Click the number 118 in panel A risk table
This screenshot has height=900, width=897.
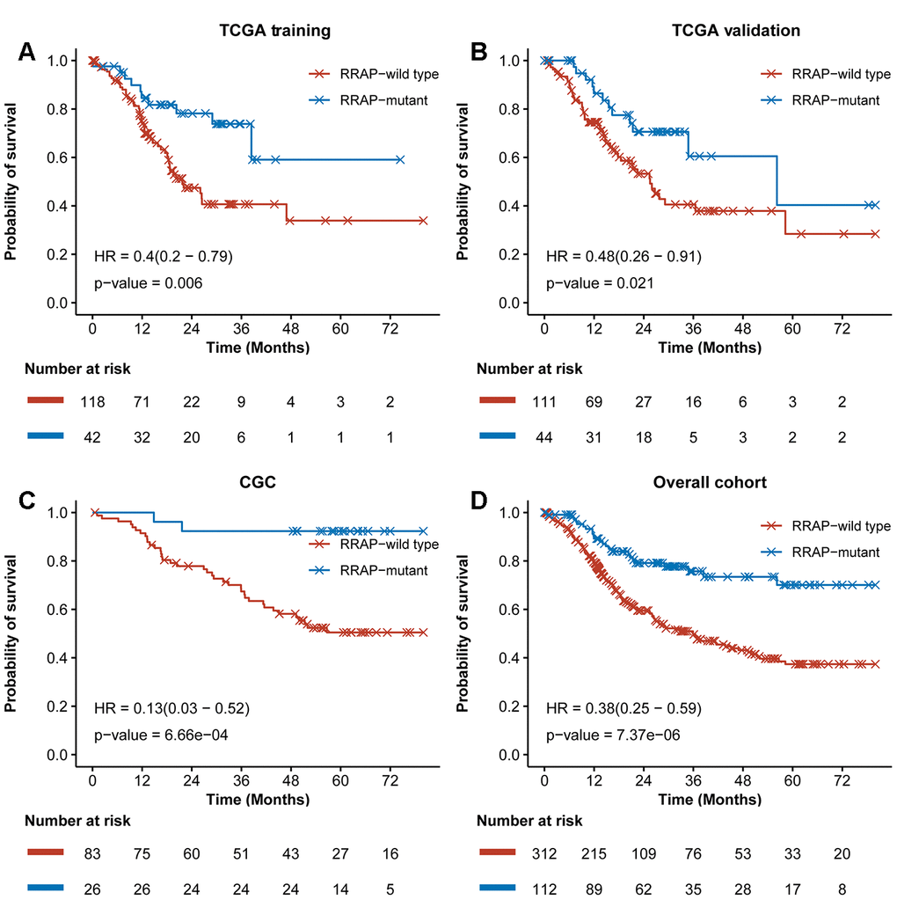[x=92, y=403]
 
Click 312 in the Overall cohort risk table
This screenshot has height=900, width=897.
[x=544, y=854]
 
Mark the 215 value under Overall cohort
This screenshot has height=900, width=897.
[x=594, y=854]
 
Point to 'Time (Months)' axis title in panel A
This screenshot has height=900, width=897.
[x=258, y=348]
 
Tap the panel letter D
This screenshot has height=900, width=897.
[x=479, y=501]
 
